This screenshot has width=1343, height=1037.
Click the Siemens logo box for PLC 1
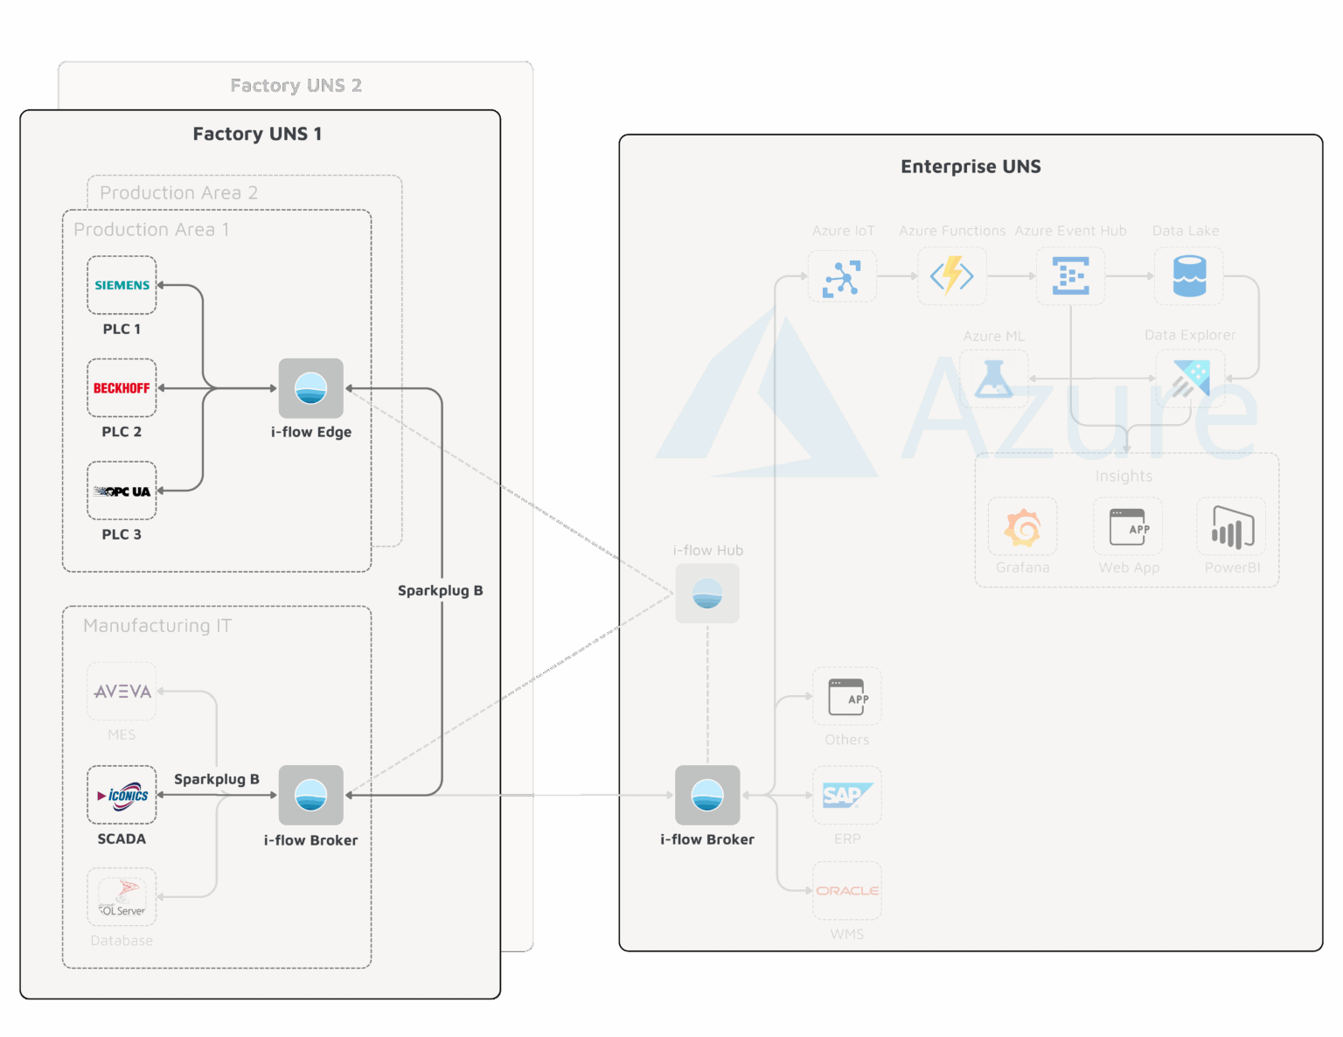pos(122,285)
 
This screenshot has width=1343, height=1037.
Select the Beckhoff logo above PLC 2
pos(122,388)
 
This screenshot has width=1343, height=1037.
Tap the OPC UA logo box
pos(122,491)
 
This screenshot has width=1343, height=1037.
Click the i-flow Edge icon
pos(310,388)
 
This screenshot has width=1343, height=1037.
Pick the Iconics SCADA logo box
pos(122,795)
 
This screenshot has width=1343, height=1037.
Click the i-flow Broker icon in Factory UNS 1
pos(310,795)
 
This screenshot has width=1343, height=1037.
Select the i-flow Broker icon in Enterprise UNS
pos(707,795)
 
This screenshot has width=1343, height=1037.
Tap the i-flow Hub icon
pos(707,593)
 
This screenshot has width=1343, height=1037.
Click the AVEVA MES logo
pos(122,692)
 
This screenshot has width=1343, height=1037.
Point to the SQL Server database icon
pos(122,897)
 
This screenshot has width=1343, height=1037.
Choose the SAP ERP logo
pos(846,795)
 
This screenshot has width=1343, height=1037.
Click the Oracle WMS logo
pos(846,890)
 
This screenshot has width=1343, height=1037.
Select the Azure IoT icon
pos(842,276)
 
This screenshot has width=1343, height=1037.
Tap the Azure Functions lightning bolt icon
pos(951,276)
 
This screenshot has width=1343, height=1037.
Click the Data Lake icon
pos(1188,276)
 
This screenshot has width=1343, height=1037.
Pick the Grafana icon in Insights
pos(1022,527)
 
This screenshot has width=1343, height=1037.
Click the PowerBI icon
pos(1232,527)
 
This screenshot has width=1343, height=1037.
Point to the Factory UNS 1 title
pos(257,134)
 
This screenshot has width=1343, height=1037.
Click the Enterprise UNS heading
pos(971,166)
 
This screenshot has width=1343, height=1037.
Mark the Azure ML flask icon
pos(993,379)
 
